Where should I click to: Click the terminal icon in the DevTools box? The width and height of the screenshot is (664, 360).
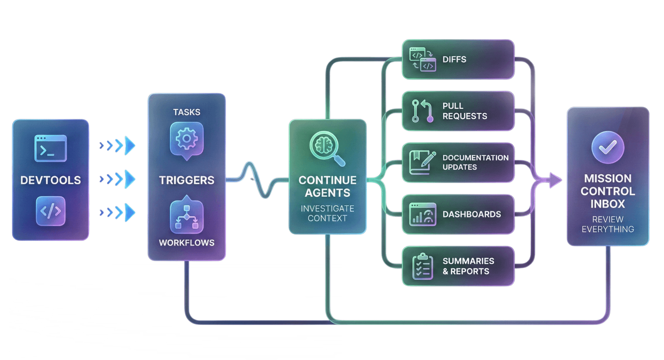pos(50,148)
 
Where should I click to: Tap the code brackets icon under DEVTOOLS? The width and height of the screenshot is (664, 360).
pos(50,211)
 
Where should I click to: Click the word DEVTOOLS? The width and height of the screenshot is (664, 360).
pos(51,180)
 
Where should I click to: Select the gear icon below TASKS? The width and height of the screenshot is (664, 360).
pos(187,139)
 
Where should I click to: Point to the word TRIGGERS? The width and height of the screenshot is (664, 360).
pos(187,180)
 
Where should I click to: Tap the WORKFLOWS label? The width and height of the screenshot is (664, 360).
pos(187,243)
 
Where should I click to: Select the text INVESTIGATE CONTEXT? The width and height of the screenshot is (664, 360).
pos(327,213)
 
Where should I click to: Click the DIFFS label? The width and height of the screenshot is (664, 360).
pos(454,59)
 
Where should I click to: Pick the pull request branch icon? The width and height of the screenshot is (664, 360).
pos(422,111)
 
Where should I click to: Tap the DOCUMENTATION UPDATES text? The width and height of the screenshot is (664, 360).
pos(475,162)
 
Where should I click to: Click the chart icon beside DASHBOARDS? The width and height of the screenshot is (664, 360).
pos(422,214)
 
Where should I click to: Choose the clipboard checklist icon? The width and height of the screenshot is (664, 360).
pos(422,266)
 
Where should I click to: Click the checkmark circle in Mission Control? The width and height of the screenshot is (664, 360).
pos(608,147)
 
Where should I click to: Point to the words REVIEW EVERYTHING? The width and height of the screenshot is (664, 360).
pos(608,224)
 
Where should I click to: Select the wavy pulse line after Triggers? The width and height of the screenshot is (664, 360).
pos(257,180)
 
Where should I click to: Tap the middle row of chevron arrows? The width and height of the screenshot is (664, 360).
pos(117,179)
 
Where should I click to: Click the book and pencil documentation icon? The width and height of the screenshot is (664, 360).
pos(422,162)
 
